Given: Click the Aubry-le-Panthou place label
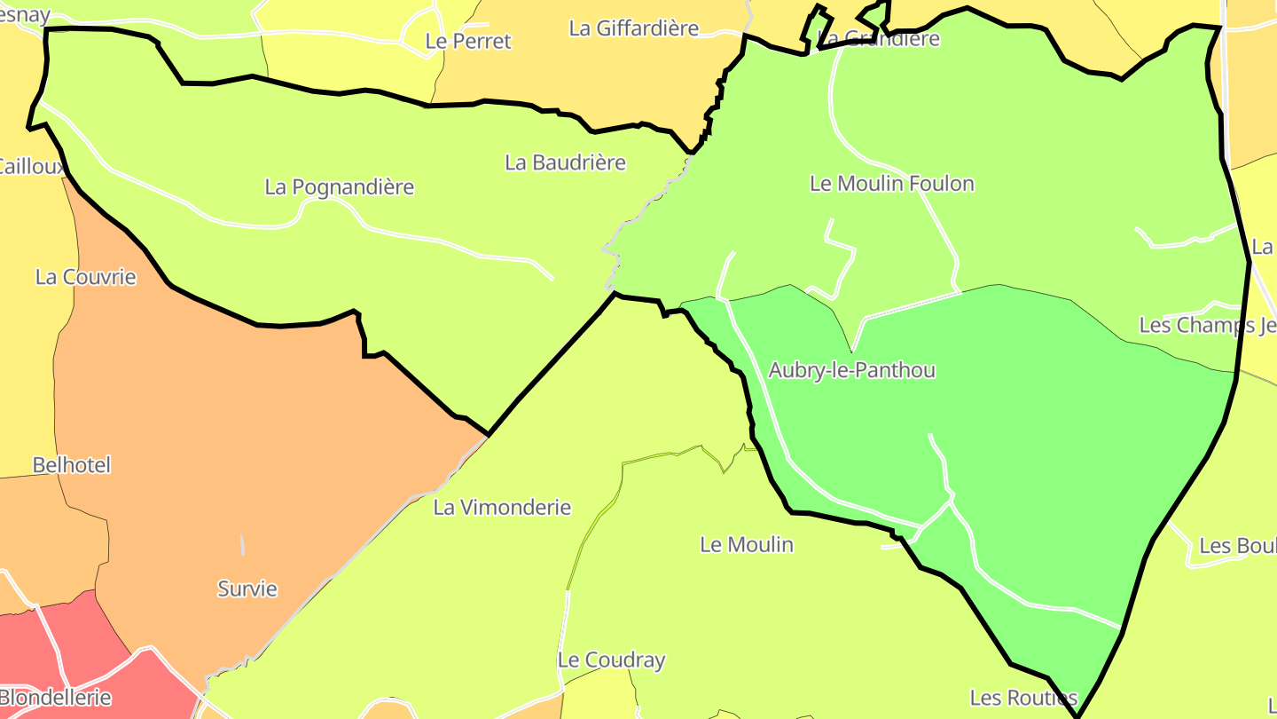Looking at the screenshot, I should click(851, 370).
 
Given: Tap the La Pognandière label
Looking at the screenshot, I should click(339, 187).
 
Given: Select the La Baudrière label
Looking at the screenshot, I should click(565, 162).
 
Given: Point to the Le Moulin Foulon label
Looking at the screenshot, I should click(891, 184).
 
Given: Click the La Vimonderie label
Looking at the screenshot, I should click(502, 508).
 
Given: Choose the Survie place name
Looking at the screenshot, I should click(247, 589).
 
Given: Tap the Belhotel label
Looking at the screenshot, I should click(71, 465).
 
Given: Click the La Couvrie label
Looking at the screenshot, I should click(86, 277).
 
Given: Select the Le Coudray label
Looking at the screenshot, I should click(611, 660).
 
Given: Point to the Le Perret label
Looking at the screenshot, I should click(468, 41).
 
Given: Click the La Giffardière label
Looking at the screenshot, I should click(633, 28).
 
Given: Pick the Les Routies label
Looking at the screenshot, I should click(1023, 698).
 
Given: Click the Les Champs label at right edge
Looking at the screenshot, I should click(1207, 326).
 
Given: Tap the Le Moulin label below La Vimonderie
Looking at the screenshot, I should click(747, 544).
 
